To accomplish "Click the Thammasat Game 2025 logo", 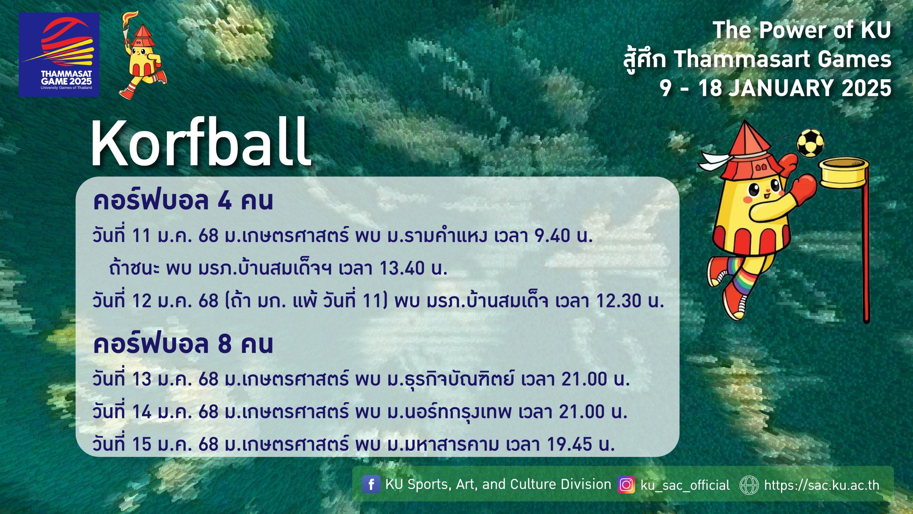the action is (x=59, y=55).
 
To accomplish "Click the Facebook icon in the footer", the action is (x=371, y=484).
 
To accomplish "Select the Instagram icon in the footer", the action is (x=626, y=485).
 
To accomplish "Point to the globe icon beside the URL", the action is (x=749, y=485).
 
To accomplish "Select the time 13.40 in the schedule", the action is (x=402, y=268).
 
